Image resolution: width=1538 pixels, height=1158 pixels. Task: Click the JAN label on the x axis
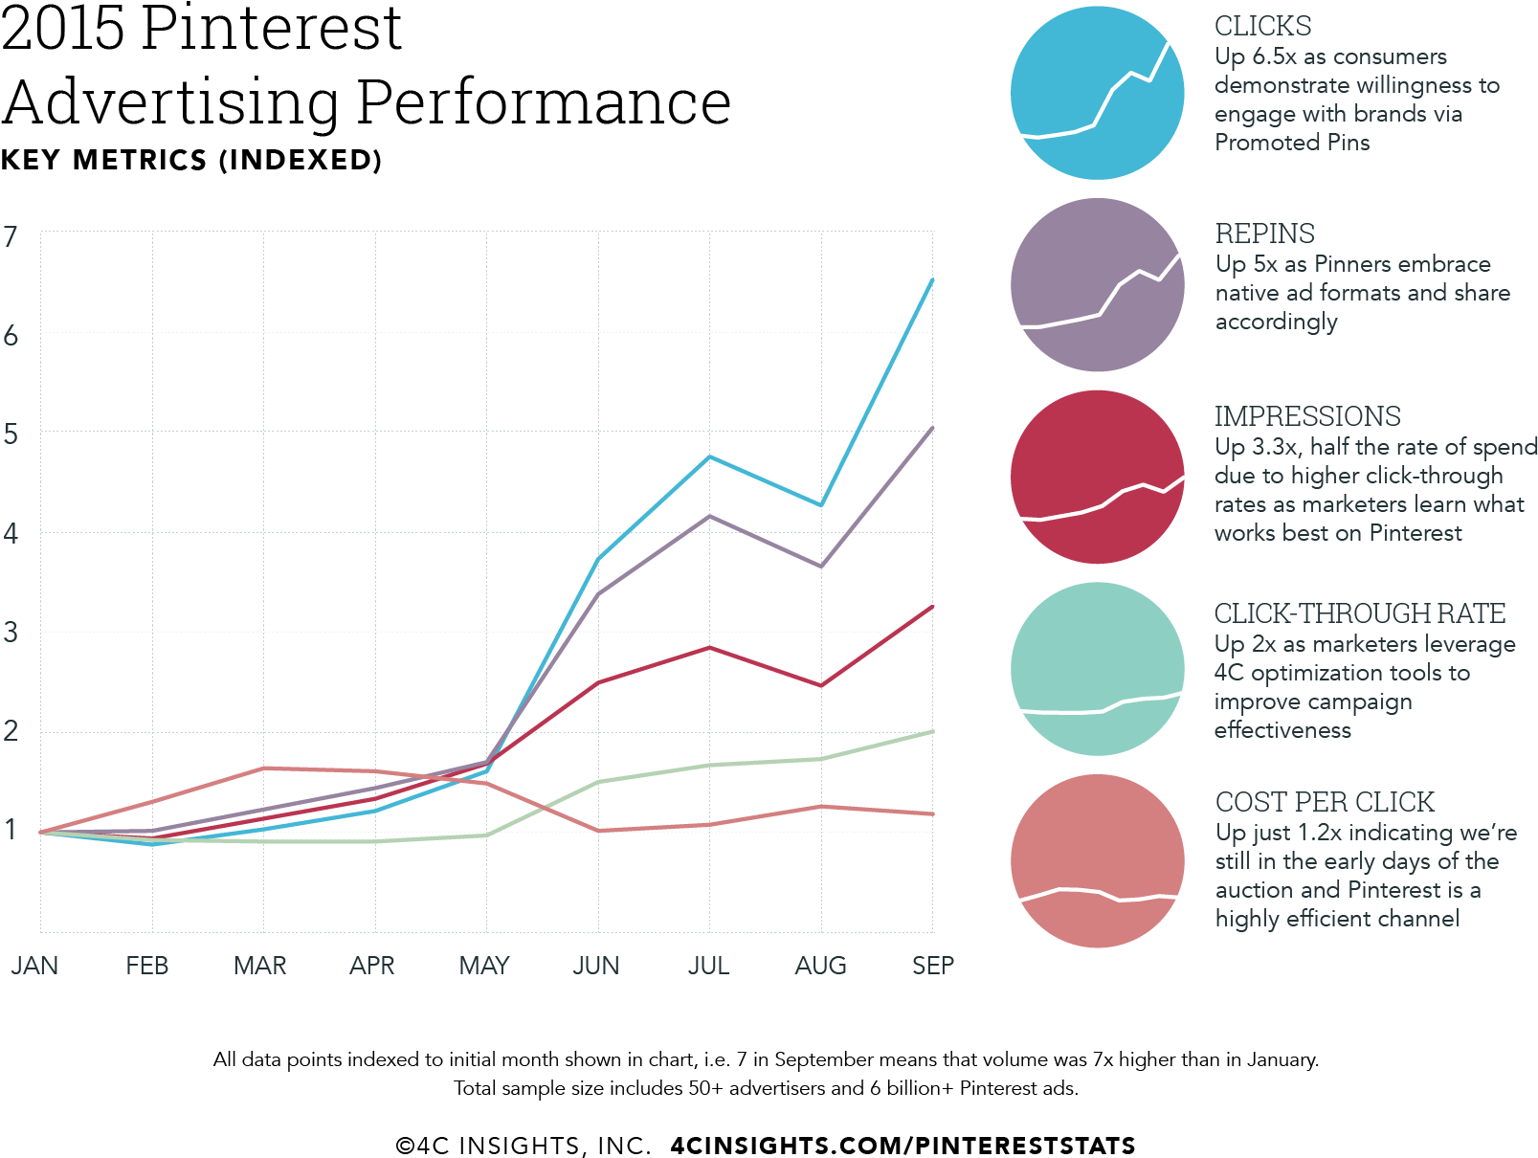(35, 966)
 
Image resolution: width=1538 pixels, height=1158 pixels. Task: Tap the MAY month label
(484, 966)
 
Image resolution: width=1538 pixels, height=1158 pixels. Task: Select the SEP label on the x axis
(932, 966)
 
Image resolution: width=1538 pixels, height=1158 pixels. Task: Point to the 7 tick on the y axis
(11, 236)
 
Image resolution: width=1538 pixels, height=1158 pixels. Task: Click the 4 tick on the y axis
(11, 533)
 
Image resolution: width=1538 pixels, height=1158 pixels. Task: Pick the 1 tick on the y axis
(11, 830)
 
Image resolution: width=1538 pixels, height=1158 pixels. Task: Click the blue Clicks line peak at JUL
(709, 457)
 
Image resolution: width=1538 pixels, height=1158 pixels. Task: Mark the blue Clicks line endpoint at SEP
(932, 280)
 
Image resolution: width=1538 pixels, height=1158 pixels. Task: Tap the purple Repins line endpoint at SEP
(932, 428)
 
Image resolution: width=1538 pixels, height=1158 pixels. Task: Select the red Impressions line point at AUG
(821, 685)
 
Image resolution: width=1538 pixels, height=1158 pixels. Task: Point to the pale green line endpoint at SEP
(932, 732)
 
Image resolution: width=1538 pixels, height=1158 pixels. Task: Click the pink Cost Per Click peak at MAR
(263, 768)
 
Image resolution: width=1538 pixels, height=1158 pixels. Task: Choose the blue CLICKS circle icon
(1098, 93)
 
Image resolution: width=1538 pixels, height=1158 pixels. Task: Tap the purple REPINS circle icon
(1098, 285)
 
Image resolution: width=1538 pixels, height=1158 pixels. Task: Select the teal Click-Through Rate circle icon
(1098, 669)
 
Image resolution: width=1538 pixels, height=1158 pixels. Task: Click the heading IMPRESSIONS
(1307, 416)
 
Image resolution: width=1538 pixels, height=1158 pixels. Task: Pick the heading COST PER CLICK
(1325, 802)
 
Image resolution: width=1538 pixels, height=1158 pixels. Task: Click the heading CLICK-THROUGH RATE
(1360, 613)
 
